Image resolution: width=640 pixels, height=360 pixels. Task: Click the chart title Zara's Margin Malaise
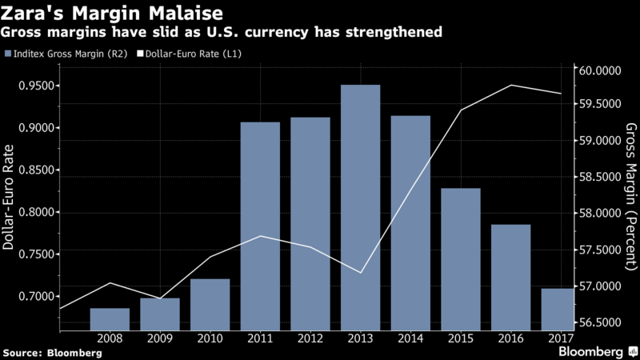95,14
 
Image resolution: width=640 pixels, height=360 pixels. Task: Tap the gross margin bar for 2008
110,318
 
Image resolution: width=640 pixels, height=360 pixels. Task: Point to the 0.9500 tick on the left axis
34,86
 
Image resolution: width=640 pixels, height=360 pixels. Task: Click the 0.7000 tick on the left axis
34,297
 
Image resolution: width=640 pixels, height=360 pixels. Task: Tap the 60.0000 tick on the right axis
600,70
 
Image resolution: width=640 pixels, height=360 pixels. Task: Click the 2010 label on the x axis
210,338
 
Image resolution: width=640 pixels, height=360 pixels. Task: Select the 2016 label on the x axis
510,338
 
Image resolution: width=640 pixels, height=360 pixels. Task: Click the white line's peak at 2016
510,86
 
